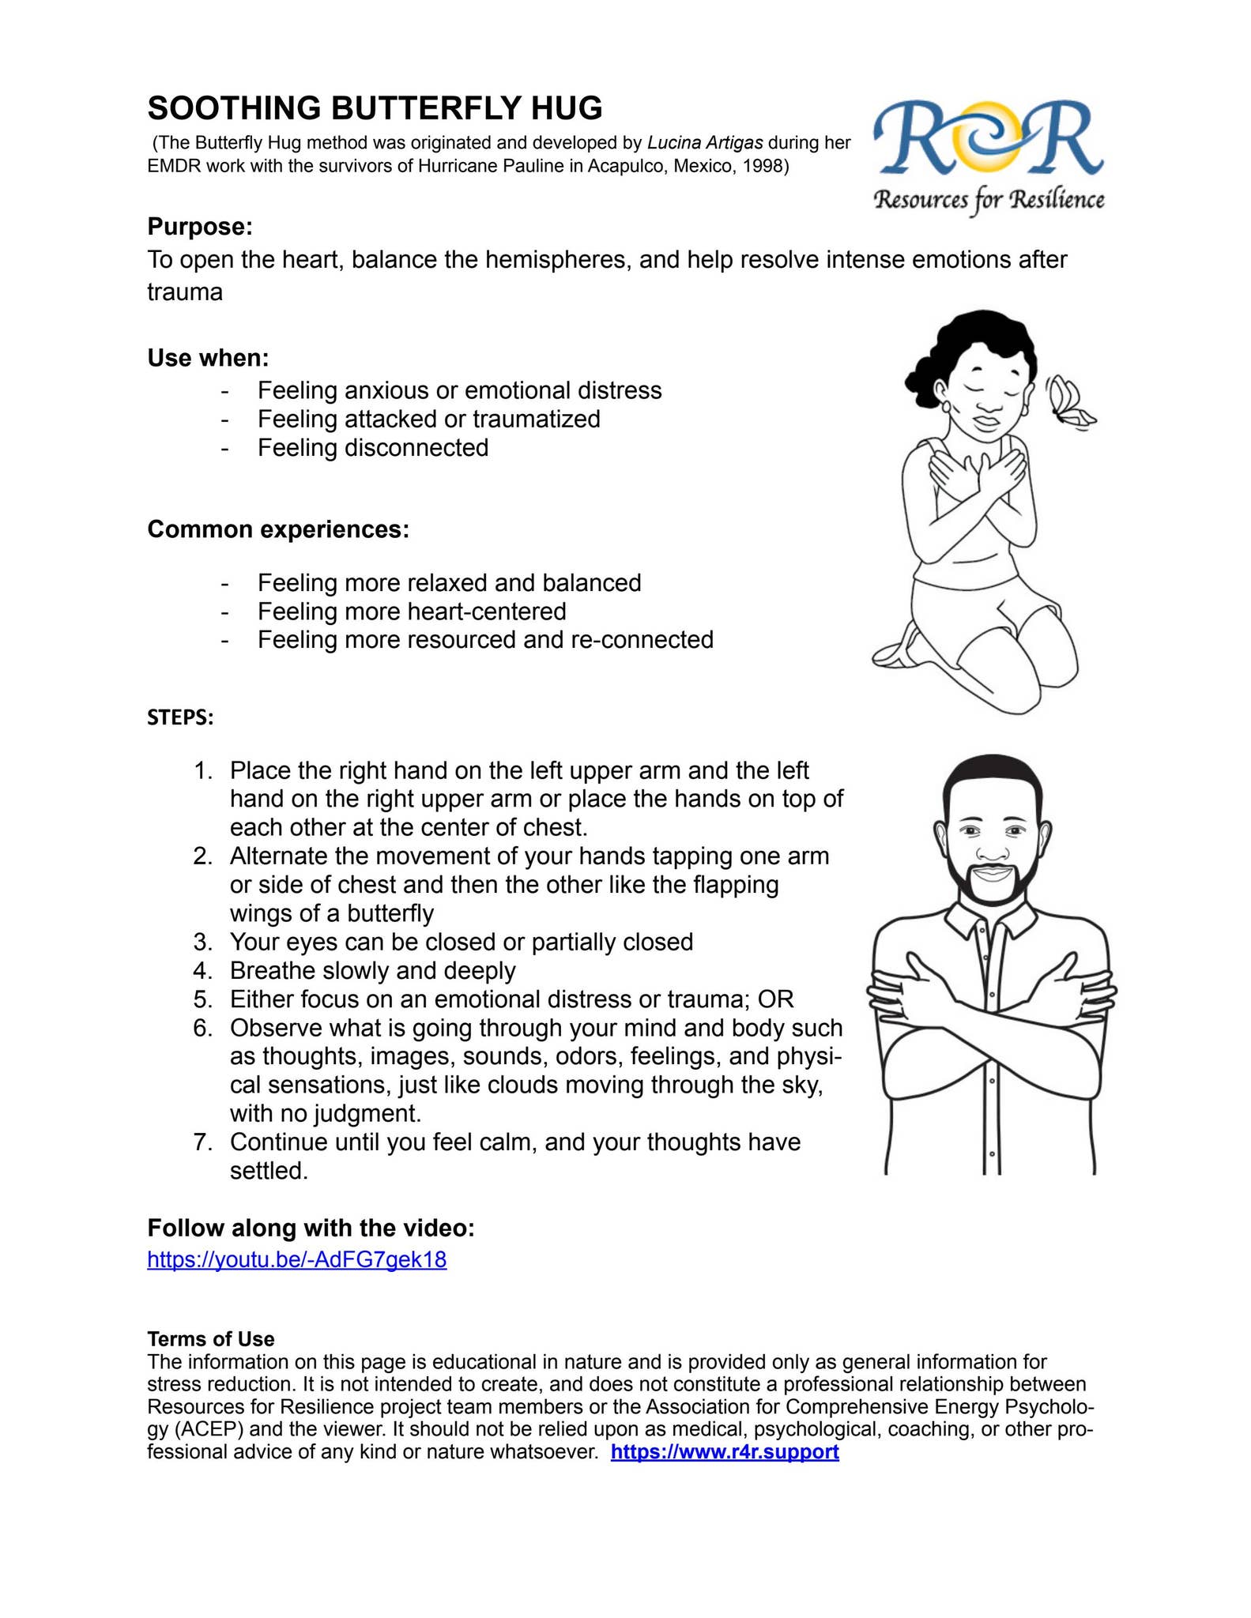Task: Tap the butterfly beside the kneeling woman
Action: click(x=1069, y=403)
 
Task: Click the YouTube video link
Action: click(x=296, y=1259)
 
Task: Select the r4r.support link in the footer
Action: click(x=725, y=1452)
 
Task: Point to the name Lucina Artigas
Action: click(x=705, y=143)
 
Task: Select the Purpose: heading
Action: click(x=200, y=227)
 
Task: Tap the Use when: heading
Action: click(x=208, y=358)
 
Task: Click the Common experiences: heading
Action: click(x=278, y=529)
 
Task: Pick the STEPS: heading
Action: click(x=180, y=717)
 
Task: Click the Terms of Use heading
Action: click(x=210, y=1339)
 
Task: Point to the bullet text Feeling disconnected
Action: click(x=373, y=448)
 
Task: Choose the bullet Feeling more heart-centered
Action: click(x=412, y=611)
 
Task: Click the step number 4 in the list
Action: click(x=202, y=971)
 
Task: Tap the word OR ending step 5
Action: click(x=775, y=999)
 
